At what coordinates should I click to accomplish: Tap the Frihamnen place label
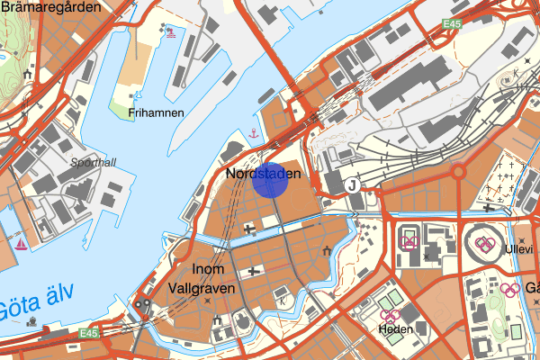(x=156, y=113)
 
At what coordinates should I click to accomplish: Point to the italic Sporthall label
(x=94, y=163)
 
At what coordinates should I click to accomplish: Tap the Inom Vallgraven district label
(x=201, y=279)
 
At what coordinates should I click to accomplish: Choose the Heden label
(x=394, y=329)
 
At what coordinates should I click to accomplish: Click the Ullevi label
(x=518, y=249)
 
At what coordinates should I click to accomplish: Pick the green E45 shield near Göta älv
(x=87, y=334)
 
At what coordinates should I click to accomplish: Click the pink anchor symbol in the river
(x=254, y=134)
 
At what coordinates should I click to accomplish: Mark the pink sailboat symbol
(x=21, y=243)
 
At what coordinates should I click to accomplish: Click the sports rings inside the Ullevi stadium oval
(x=484, y=244)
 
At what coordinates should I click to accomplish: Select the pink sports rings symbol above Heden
(x=389, y=315)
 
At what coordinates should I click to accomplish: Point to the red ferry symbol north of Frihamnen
(x=170, y=32)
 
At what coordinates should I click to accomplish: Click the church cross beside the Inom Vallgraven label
(x=255, y=270)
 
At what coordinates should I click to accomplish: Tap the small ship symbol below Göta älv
(x=32, y=320)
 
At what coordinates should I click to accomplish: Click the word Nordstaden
(x=261, y=173)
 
